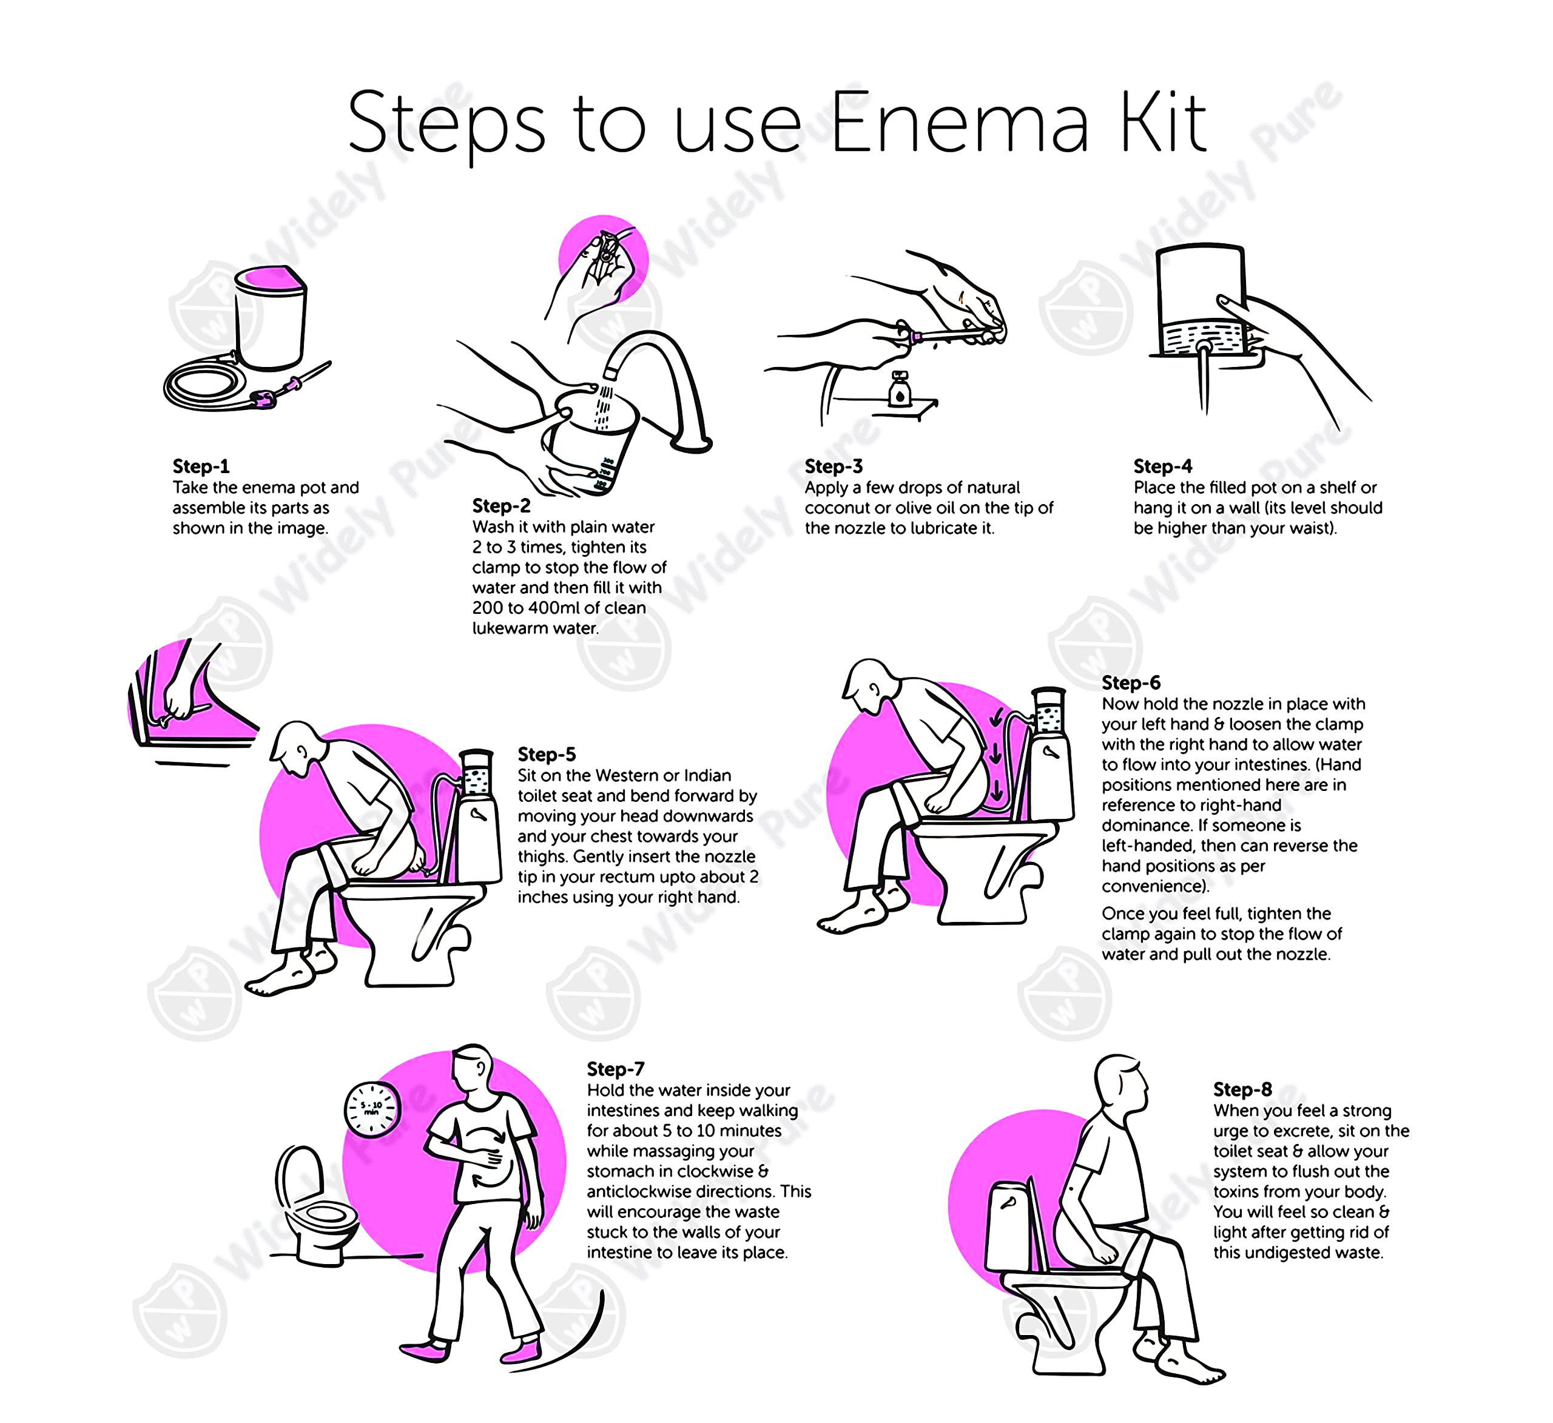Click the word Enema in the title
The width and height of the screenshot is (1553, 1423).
[x=960, y=123]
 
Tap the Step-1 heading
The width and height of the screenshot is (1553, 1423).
[x=201, y=466]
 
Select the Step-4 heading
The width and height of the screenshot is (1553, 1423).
[x=1162, y=466]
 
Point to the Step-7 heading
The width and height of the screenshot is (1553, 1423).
[x=616, y=1069]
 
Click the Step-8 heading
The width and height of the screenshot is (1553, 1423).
[x=1242, y=1089]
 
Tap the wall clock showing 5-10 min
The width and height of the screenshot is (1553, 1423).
[x=371, y=1109]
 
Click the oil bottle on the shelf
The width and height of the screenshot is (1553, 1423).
[x=899, y=388]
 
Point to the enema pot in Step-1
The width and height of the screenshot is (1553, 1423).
[x=269, y=316]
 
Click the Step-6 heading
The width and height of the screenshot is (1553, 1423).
[x=1131, y=682]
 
